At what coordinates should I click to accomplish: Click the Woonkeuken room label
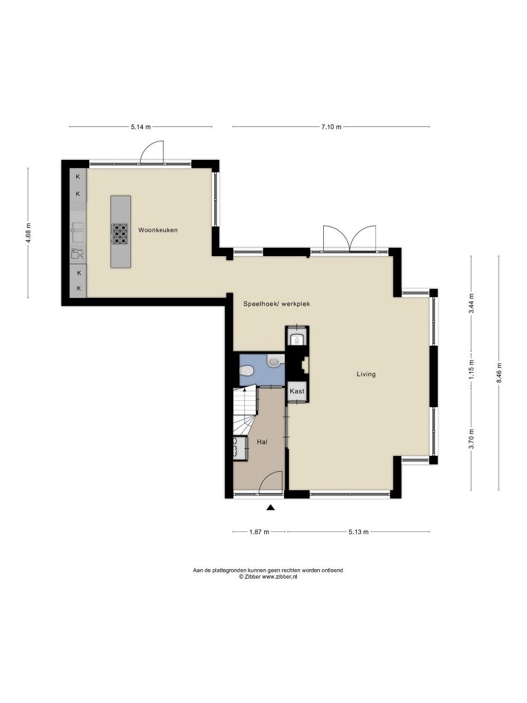click(x=158, y=230)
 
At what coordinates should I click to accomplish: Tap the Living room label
click(x=366, y=374)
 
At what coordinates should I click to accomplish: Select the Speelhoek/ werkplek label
click(x=277, y=303)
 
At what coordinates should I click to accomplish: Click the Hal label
click(x=262, y=441)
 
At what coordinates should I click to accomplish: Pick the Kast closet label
click(x=297, y=391)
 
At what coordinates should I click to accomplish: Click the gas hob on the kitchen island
click(x=120, y=233)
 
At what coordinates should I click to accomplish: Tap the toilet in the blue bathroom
click(x=246, y=370)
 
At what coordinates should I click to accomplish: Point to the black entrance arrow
click(x=270, y=507)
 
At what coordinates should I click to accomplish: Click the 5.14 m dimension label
click(x=141, y=127)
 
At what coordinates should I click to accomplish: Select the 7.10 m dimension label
click(x=331, y=127)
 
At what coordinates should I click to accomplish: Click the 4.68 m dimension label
click(x=28, y=233)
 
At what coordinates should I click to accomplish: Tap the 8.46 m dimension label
click(x=499, y=373)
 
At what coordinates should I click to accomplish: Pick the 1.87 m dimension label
click(x=259, y=532)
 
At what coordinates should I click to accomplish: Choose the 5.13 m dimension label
click(x=358, y=532)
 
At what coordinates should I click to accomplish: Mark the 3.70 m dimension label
click(x=471, y=439)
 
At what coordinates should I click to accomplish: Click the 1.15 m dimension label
click(x=471, y=370)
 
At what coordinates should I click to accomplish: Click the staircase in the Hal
click(x=244, y=411)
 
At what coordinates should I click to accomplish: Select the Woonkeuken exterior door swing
click(x=152, y=151)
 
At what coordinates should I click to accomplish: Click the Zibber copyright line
click(x=268, y=577)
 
